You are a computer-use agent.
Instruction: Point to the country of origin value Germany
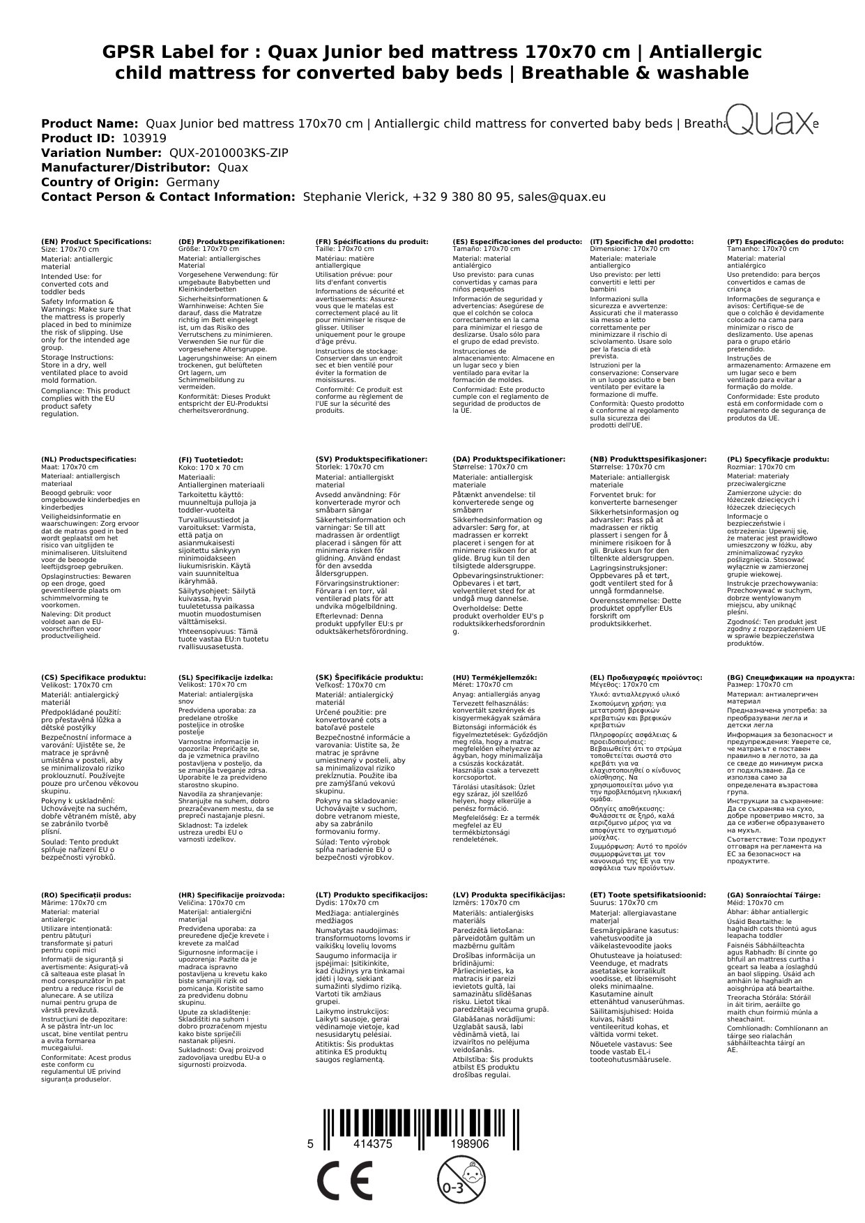point(192,182)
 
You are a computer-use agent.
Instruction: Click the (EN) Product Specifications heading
point(96,241)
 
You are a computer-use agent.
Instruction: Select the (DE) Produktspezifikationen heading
point(231,241)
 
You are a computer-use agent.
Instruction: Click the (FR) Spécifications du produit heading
point(372,241)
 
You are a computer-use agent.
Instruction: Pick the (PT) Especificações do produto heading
point(785,241)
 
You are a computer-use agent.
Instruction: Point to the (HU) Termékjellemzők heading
point(495,677)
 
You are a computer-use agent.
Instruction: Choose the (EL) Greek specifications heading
point(646,677)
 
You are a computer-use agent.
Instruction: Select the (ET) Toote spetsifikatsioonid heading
point(648,895)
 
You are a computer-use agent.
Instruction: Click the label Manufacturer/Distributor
point(125,167)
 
